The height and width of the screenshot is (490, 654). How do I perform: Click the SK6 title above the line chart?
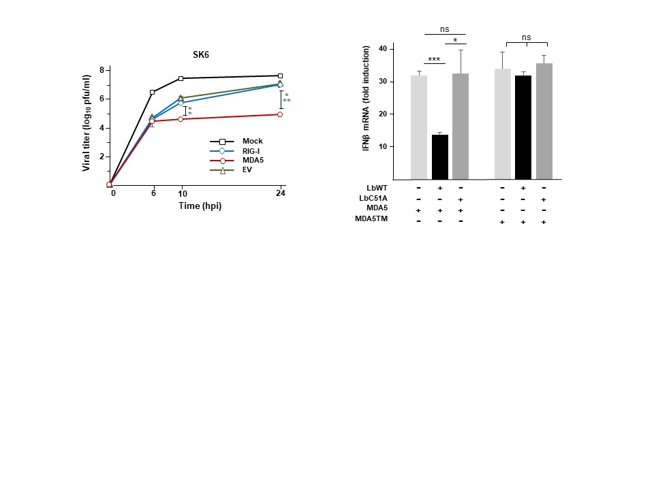coord(200,54)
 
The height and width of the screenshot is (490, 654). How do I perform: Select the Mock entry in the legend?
coord(252,141)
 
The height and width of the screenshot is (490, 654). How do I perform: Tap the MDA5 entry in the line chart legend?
coord(252,161)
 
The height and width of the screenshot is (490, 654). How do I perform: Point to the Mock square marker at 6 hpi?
coord(152,92)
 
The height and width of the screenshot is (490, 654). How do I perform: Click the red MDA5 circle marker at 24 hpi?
coord(280,114)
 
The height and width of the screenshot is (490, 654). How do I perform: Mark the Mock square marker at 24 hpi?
coord(280,76)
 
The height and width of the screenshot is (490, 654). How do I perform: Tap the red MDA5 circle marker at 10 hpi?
coord(181,119)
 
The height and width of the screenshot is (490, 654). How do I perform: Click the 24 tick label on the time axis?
coord(280,193)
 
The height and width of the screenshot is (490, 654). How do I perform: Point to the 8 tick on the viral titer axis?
coord(102,70)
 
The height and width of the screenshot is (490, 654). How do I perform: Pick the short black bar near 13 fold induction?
coord(440,157)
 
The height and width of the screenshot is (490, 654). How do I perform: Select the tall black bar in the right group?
coord(523,127)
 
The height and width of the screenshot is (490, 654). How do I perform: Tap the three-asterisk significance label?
coord(434,61)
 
